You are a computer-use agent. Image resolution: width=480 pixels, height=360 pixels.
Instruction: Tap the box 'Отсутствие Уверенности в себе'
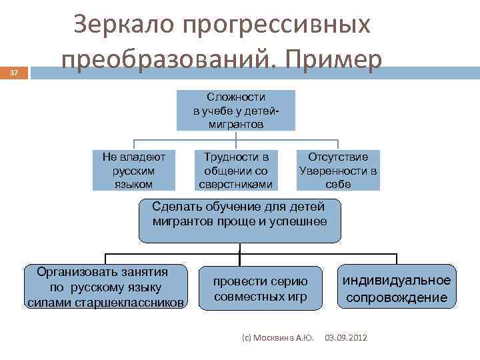(338, 170)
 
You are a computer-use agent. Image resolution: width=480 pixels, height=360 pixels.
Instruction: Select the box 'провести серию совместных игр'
(260, 288)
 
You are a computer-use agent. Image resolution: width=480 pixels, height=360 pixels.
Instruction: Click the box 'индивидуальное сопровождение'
(397, 288)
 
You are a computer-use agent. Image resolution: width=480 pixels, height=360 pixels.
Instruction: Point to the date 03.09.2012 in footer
(345, 338)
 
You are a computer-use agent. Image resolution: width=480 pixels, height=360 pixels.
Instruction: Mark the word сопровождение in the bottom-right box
(397, 297)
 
